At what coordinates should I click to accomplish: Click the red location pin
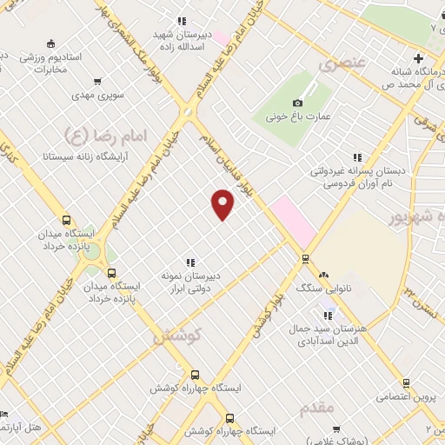click(223, 205)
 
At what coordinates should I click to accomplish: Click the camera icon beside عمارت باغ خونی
click(297, 103)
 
